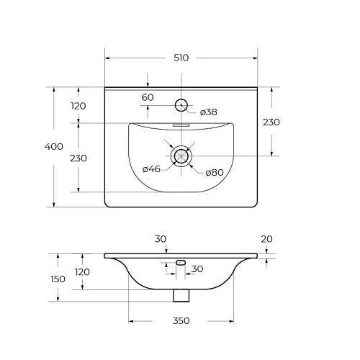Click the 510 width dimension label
[181, 58]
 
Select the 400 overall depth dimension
[54, 146]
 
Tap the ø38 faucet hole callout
[209, 112]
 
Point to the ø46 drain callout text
[151, 169]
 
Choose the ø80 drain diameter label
[215, 172]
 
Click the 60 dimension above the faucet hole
[148, 97]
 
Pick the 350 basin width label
[181, 320]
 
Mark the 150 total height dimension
[58, 279]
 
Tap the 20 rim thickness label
[266, 239]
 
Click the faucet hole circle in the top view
[181, 99]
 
